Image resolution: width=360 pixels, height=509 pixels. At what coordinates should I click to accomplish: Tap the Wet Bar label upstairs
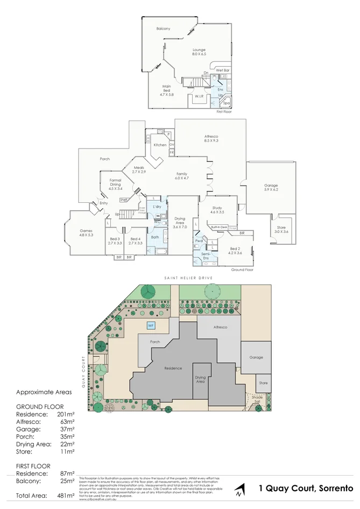(223, 70)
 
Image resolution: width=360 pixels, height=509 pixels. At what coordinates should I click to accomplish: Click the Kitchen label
(160, 145)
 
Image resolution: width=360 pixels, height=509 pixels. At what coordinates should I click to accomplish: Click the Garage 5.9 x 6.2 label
(271, 187)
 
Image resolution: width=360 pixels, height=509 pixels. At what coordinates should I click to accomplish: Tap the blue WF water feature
(151, 326)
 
